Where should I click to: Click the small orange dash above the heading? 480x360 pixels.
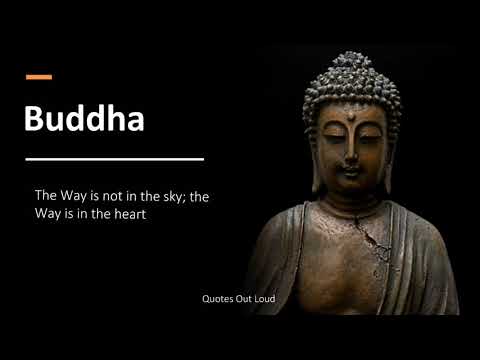pos(38,76)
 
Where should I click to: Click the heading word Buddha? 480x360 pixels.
pos(84,119)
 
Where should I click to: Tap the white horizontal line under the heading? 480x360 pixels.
pos(114,158)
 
